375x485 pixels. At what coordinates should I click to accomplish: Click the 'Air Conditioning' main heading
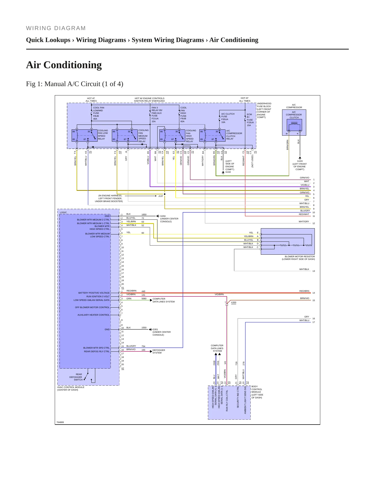pos(64,65)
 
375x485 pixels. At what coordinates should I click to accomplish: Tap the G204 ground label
pos(163,216)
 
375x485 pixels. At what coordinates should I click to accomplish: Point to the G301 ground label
pos(155,329)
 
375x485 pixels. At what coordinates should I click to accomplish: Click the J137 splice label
pos(161,196)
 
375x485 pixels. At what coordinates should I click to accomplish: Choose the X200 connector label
pos(234,302)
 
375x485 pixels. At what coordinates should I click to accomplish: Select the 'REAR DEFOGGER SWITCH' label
pos(76,377)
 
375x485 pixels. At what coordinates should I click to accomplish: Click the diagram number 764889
pos(60,422)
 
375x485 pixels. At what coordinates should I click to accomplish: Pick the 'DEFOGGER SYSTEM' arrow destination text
pos(159,351)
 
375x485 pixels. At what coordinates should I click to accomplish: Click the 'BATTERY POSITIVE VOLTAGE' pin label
pos(94,293)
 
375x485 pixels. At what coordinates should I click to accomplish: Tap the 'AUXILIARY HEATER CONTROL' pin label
pos(93,315)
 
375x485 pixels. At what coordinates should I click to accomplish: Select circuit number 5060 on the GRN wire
pos(144,299)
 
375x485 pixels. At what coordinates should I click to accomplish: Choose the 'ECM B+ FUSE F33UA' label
pos(250,120)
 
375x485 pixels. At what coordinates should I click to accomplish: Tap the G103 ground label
pos(300,161)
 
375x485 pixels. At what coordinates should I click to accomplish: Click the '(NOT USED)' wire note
pos(253,161)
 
